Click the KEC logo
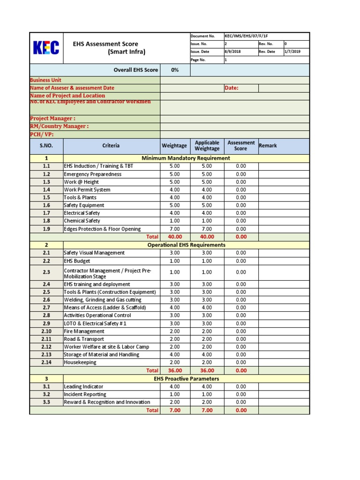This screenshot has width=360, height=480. point(46,48)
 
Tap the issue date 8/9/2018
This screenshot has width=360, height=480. point(233,52)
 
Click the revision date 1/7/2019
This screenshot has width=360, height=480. point(292,52)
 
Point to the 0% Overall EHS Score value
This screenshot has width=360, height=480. point(175,70)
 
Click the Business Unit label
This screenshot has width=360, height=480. point(45,80)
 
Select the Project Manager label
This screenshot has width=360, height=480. point(52,119)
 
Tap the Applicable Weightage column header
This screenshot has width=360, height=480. point(207,146)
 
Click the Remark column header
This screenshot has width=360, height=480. point(268,146)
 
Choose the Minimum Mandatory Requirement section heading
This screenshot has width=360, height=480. point(188,158)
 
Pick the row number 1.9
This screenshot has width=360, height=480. point(46,229)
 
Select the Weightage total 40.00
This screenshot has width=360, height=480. point(174,237)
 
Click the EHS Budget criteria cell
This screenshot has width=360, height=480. point(77,261)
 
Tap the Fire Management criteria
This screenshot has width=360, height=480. point(84,331)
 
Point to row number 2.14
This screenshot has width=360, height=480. point(46,362)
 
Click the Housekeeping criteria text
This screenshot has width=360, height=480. point(80,362)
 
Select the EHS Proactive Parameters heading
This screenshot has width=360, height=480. point(186,379)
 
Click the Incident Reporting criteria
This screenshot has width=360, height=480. point(85,394)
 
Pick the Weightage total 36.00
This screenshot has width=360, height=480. point(174,370)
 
